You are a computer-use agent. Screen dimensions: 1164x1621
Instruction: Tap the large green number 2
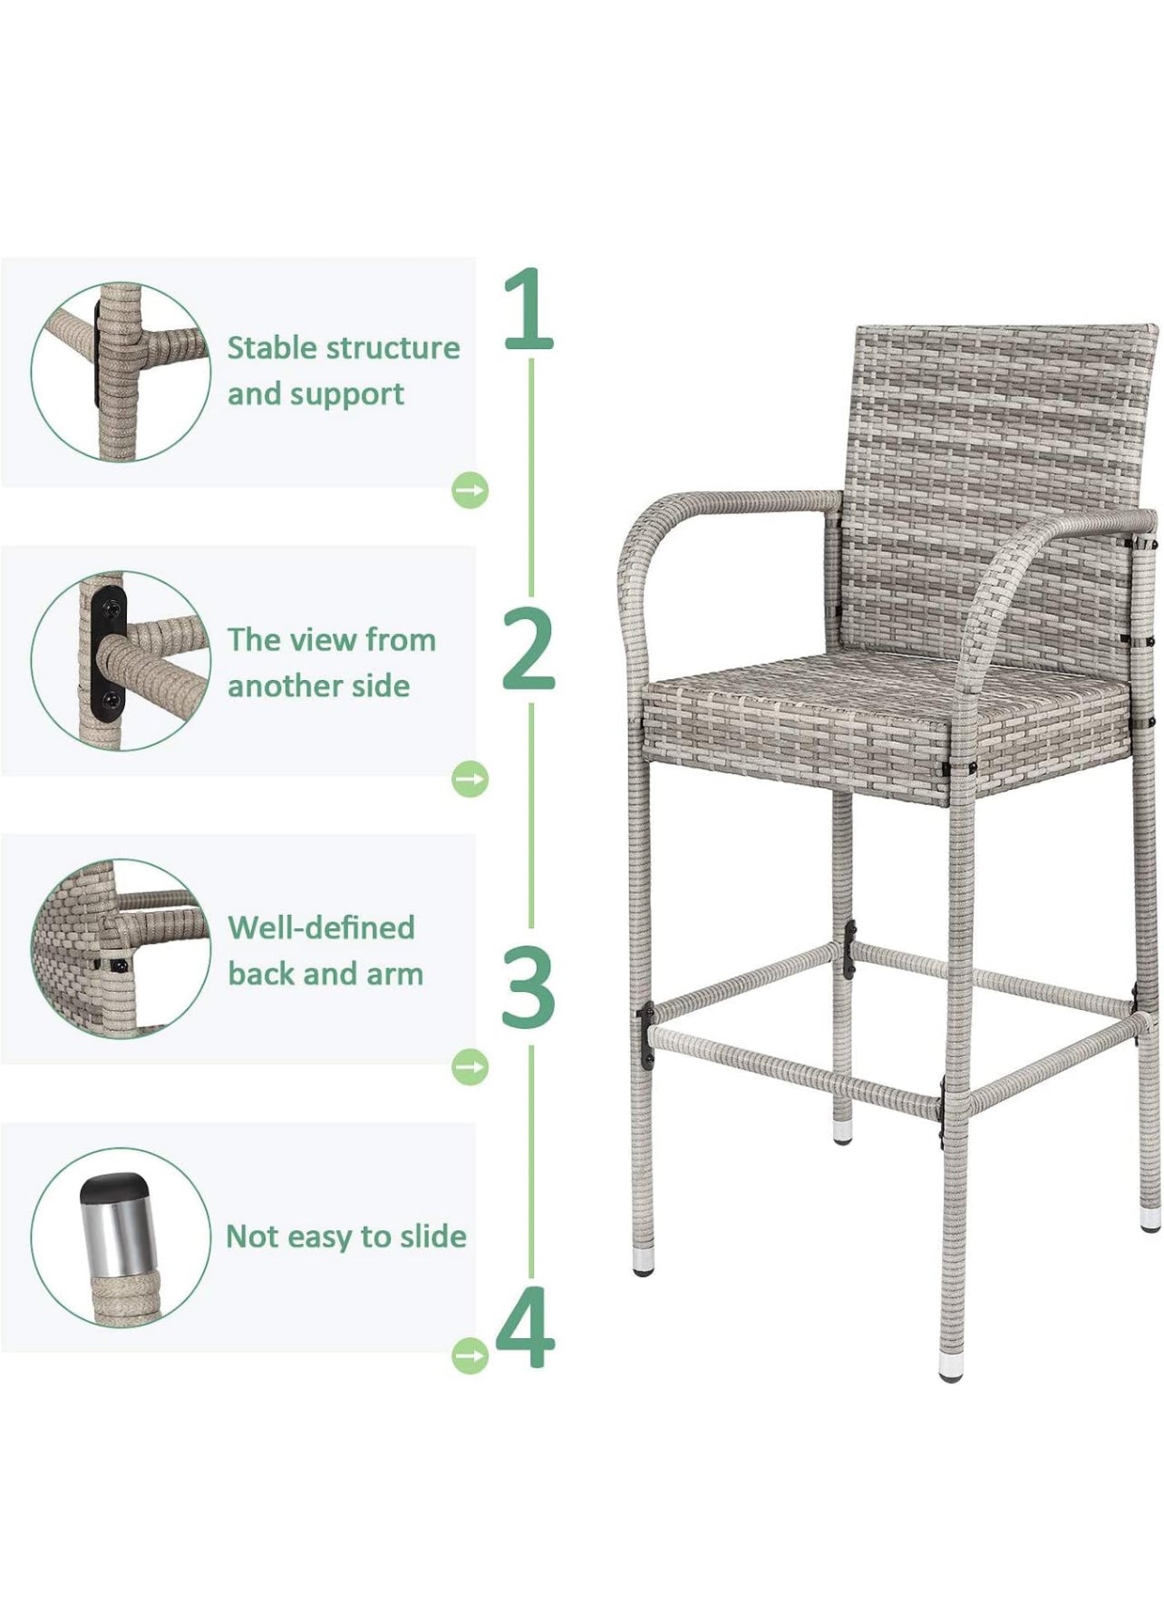529,648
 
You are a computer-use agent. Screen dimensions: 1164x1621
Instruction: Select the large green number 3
529,985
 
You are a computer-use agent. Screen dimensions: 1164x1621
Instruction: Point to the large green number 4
526,1325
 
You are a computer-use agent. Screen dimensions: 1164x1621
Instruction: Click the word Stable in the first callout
272,347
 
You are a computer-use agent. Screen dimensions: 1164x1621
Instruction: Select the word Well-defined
321,927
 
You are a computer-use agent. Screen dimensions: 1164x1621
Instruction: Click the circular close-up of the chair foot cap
121,1238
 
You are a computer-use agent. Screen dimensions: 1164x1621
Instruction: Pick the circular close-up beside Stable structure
121,372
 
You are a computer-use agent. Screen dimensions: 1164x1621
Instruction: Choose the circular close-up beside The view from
121,661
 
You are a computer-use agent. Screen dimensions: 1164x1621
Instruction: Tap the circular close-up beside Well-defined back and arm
121,948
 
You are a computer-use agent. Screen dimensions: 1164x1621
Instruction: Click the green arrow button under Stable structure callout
470,490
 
